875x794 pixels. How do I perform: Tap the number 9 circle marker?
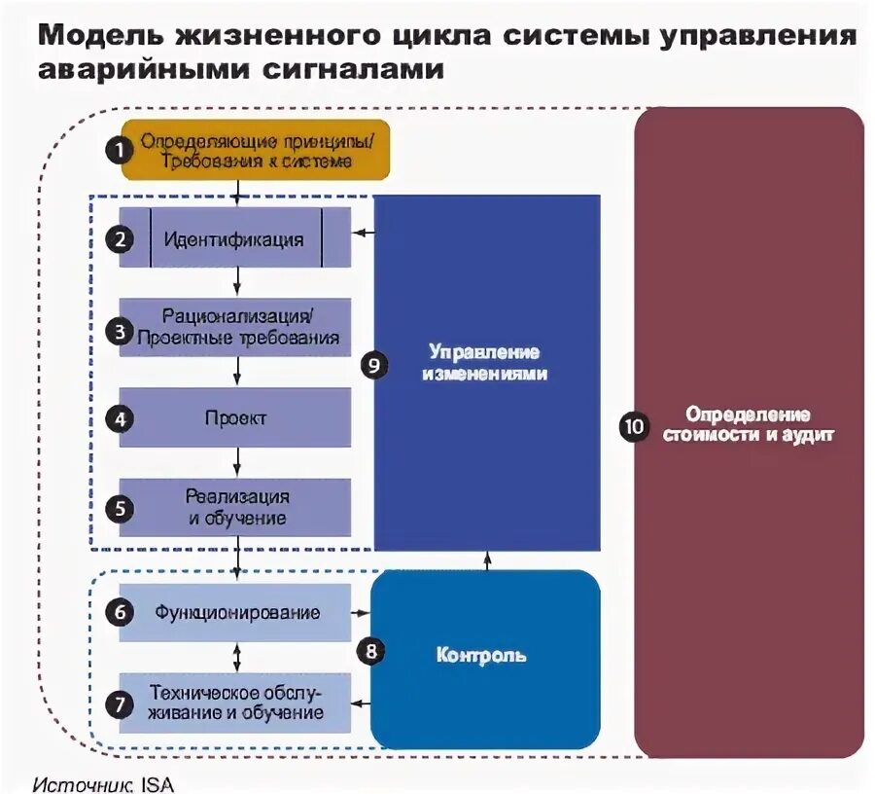point(373,365)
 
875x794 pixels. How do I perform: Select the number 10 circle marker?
point(634,426)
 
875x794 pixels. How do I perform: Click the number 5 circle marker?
point(120,508)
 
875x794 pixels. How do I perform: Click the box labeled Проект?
point(235,418)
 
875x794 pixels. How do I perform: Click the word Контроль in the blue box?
point(481,655)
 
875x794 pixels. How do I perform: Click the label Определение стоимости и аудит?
point(748,425)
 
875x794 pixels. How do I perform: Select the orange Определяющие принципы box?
point(255,151)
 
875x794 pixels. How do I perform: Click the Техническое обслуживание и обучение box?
point(236,703)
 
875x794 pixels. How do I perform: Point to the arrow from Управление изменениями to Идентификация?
point(364,233)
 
